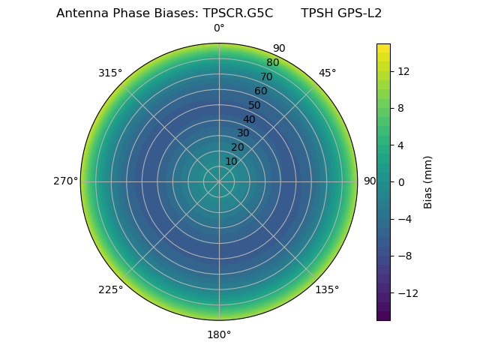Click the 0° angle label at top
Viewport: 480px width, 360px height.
219,28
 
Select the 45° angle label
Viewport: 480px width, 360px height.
327,73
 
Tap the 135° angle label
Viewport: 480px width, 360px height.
327,289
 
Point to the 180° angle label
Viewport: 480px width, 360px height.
219,334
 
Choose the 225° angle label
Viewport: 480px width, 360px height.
110,289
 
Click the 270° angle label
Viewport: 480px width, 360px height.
65,181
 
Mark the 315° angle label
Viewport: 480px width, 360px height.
110,73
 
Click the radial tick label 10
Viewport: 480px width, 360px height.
231,161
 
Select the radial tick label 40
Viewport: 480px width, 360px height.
249,119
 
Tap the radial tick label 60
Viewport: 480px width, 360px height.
260,91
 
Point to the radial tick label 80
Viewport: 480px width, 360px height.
272,62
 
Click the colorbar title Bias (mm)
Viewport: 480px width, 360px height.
428,181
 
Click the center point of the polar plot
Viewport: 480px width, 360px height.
219,181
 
